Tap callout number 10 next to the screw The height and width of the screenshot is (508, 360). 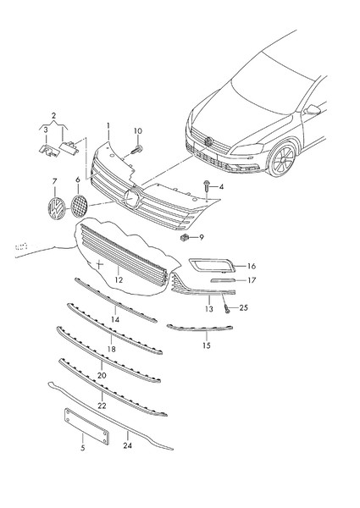pyautogui.click(x=138, y=131)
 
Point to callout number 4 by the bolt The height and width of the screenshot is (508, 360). pyautogui.click(x=221, y=186)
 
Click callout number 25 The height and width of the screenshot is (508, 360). pyautogui.click(x=243, y=307)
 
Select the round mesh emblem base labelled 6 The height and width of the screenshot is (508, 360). pyautogui.click(x=79, y=207)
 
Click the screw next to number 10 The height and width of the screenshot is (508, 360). pyautogui.click(x=136, y=149)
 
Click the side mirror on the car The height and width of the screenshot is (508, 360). pyautogui.click(x=313, y=110)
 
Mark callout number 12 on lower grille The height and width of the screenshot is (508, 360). pyautogui.click(x=119, y=279)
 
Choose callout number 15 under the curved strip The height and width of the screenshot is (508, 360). pyautogui.click(x=206, y=346)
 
